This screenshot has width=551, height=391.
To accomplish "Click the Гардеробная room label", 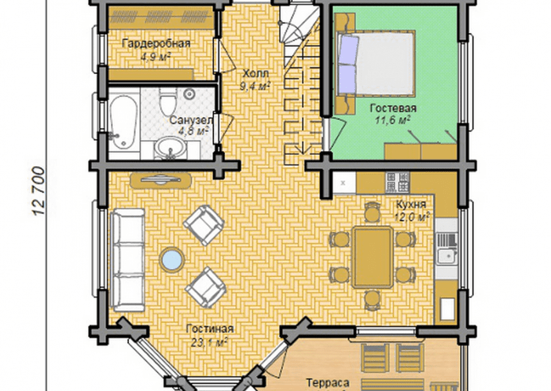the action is click(x=156, y=44).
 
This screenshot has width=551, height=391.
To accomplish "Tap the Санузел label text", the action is click(x=191, y=120).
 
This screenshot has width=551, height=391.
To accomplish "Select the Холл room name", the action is click(x=256, y=74).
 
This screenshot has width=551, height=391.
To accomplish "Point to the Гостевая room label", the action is click(x=393, y=108).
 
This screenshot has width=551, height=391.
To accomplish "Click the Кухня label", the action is click(x=411, y=204).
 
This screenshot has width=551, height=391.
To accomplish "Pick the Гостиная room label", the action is click(x=210, y=329).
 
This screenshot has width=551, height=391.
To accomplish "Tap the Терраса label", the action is click(x=327, y=383).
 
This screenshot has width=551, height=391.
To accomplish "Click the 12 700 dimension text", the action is click(x=38, y=191).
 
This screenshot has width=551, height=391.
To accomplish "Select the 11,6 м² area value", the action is click(x=393, y=121).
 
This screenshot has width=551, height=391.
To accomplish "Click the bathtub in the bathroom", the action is click(x=123, y=121).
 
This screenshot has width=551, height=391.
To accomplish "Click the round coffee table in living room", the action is click(x=172, y=260).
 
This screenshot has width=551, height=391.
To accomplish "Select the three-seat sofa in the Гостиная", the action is click(x=127, y=260).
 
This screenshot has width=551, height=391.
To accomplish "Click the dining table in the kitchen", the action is click(x=373, y=258).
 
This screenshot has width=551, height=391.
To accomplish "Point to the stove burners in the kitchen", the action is click(x=398, y=183).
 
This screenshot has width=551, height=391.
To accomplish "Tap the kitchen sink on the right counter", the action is click(x=447, y=249).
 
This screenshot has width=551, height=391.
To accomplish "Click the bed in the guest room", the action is click(x=375, y=63).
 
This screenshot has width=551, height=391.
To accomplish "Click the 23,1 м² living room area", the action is click(x=210, y=342).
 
